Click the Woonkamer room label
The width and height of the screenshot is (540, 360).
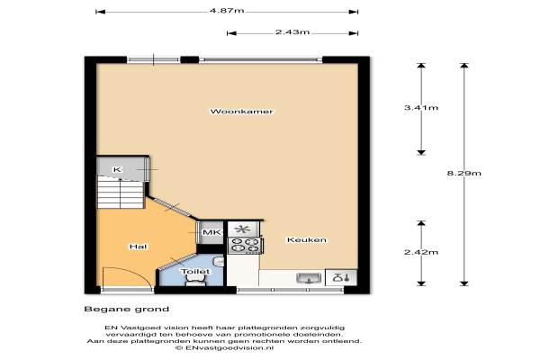(x=241, y=112)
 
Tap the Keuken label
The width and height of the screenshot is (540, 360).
(x=307, y=239)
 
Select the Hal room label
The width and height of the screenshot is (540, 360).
(x=138, y=247)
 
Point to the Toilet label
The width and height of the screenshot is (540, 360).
(x=195, y=272)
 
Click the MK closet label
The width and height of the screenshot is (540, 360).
(x=211, y=232)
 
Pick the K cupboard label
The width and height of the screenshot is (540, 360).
(x=117, y=169)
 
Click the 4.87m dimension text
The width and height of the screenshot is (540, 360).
(x=227, y=11)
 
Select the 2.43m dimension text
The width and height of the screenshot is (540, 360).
(x=292, y=32)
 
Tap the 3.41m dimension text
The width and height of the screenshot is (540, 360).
(x=421, y=107)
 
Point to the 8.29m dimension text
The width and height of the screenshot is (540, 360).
(x=463, y=173)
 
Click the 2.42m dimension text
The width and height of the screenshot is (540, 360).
(x=421, y=252)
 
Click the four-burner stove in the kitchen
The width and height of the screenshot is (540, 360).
(x=245, y=245)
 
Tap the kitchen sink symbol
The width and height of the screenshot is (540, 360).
(x=309, y=278)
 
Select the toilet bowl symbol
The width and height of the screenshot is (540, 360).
(x=196, y=281)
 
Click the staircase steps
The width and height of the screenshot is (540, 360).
(x=121, y=192)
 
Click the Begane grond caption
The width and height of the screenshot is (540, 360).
(x=126, y=309)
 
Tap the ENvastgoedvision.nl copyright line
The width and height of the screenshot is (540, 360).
(x=224, y=348)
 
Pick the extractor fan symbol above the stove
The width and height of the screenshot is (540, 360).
(x=244, y=229)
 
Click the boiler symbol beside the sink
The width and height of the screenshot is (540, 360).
(x=341, y=277)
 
